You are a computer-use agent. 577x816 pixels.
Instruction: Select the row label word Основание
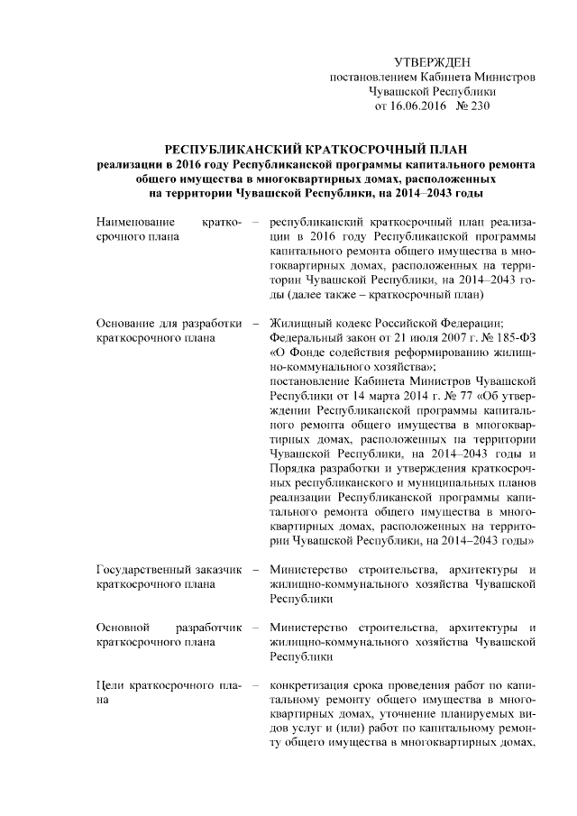[x=125, y=324]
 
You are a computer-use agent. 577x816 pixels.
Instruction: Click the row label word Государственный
[x=140, y=569]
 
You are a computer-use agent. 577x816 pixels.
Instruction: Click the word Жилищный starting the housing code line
[x=298, y=324]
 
